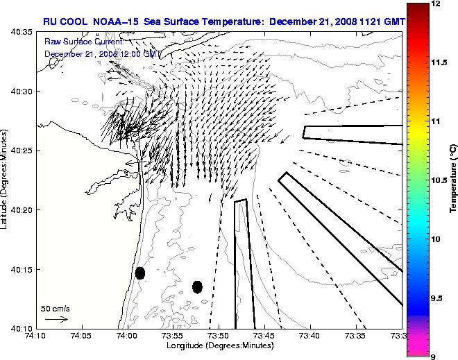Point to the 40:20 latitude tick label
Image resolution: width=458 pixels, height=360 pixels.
point(23,210)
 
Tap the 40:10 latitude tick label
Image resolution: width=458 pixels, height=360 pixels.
point(23,328)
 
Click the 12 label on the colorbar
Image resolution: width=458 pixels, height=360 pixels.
point(435,4)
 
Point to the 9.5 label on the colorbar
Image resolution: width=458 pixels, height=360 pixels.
point(437,298)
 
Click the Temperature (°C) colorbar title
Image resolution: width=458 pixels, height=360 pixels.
point(452,180)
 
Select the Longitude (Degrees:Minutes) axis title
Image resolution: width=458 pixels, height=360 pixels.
point(219,345)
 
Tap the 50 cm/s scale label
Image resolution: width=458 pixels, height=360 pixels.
point(55,308)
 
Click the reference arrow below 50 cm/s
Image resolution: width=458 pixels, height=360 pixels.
point(56,319)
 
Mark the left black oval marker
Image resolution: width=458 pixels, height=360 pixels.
point(140,273)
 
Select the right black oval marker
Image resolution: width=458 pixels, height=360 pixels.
point(197,286)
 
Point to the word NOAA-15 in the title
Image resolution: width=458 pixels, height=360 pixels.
point(116,21)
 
